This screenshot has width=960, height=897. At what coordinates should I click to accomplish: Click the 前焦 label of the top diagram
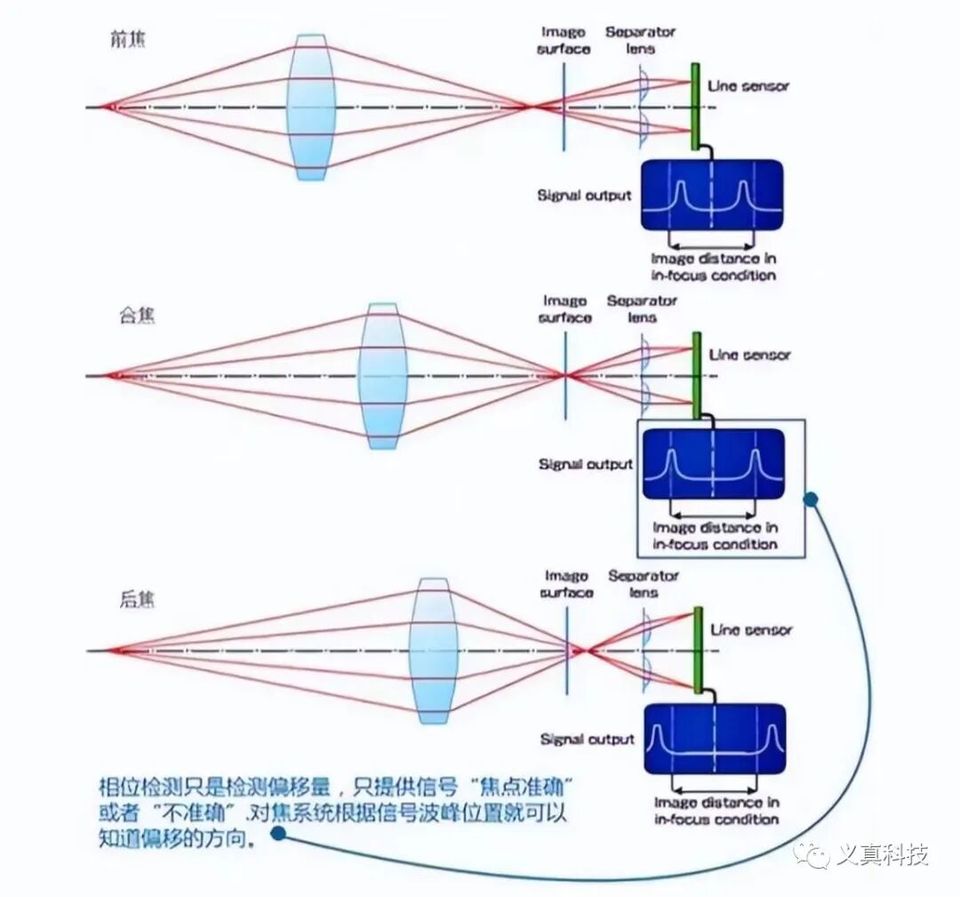pos(127,40)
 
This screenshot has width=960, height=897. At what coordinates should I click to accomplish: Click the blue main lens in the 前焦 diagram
pos(310,107)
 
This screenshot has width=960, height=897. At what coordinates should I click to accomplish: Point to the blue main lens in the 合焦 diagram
pos(382,375)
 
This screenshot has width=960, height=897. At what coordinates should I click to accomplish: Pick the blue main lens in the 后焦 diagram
pos(433,650)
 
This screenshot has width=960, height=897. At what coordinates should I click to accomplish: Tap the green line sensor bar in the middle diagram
pos(696,374)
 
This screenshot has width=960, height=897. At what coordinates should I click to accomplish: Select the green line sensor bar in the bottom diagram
pos(698,650)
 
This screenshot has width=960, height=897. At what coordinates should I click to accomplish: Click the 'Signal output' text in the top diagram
pos(584,195)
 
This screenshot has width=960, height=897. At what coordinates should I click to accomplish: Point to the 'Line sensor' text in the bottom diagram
pos(750,629)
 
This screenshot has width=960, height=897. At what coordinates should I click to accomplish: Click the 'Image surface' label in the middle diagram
pos(564,309)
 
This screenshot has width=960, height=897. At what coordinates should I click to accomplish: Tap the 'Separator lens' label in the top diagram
pos(640,40)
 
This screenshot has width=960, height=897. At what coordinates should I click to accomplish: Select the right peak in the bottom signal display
pos(772,736)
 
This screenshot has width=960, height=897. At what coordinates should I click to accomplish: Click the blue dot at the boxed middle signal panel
pos(810,499)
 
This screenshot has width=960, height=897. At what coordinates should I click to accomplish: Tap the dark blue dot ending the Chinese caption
pos(278,833)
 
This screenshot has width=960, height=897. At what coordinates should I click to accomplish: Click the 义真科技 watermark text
pos(882,855)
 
